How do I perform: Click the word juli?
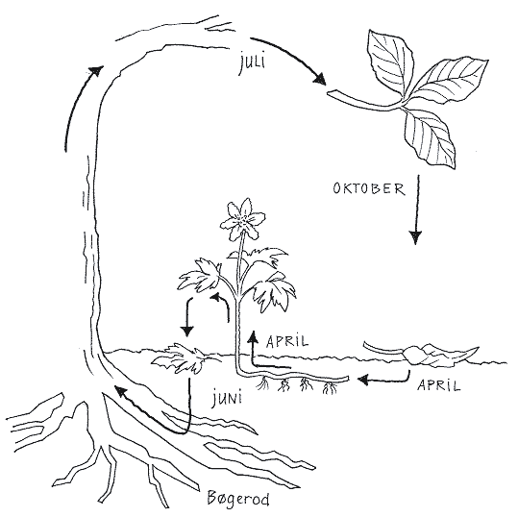(x=252, y=63)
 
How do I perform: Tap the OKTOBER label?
(x=369, y=188)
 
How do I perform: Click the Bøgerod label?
(x=238, y=498)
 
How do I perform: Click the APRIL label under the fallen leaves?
(x=438, y=384)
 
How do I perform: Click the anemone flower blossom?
(x=243, y=219)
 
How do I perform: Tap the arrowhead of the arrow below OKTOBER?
(x=415, y=237)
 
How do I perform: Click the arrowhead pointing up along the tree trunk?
(x=96, y=70)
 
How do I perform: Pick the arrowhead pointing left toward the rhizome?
(x=363, y=380)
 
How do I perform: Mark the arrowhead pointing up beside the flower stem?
(x=254, y=336)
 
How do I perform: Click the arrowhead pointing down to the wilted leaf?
(x=187, y=331)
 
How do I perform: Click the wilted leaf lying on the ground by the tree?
(x=181, y=358)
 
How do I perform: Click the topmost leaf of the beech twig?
(x=390, y=62)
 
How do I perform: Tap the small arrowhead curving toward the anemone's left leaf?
(x=216, y=297)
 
